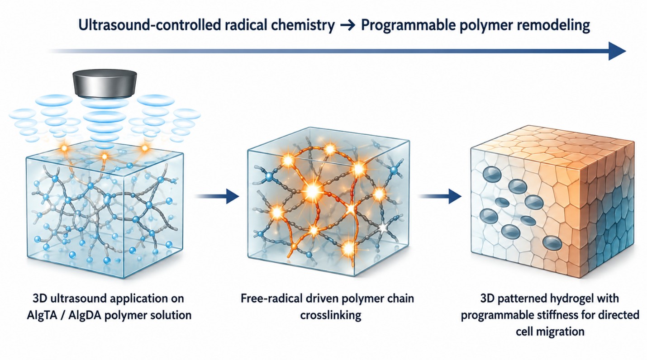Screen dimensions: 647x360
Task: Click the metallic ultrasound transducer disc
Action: (105, 83)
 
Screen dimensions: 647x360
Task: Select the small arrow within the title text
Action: (347, 26)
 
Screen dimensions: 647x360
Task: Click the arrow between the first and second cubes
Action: (218, 196)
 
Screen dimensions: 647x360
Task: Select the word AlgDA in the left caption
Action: (84, 315)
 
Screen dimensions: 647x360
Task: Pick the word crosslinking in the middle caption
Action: (331, 315)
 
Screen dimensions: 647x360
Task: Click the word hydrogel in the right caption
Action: (571, 298)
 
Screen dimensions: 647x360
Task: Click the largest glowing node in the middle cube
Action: (312, 191)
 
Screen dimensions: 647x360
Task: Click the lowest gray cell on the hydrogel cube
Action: (552, 243)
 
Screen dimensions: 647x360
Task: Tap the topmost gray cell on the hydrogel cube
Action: (492, 175)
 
